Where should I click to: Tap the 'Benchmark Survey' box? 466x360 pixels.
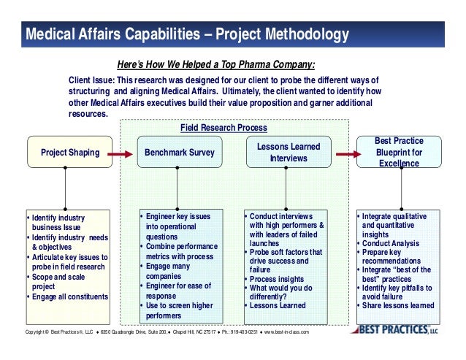click(x=180, y=153)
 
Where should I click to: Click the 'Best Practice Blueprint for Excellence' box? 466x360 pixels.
click(x=398, y=153)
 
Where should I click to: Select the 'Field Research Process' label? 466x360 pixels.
click(x=223, y=128)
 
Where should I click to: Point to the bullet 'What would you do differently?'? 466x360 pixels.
click(x=283, y=292)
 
